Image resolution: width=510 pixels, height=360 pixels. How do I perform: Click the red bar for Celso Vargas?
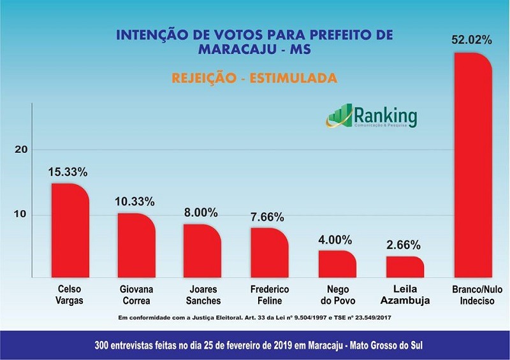pos(70,231)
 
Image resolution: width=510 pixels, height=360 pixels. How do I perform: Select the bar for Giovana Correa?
pos(136,245)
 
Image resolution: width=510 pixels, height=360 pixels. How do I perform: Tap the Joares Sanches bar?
pos(202,251)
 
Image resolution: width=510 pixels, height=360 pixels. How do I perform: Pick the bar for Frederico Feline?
pos(270,253)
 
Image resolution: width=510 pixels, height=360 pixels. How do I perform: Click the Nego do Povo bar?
pos(337,264)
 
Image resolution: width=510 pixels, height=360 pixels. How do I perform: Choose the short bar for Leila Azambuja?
pos(405,267)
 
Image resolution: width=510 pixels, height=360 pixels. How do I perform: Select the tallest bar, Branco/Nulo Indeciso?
pos(473,166)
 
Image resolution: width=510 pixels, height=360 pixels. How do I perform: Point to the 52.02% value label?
pos(472,40)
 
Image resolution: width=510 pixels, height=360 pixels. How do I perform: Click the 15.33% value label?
pos(68,172)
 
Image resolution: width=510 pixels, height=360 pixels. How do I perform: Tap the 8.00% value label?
pos(200,212)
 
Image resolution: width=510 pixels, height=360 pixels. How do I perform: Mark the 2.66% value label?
pos(405,245)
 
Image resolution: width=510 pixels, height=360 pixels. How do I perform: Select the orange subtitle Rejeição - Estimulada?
pos(254,79)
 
